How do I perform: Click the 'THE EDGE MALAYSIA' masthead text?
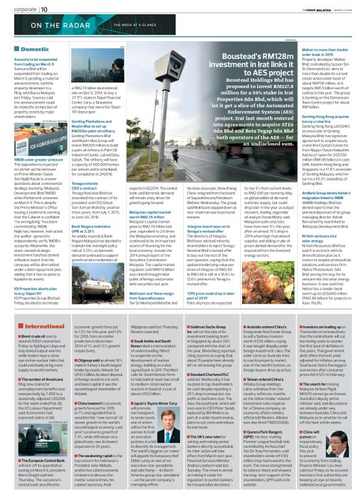click(x=312, y=9)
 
